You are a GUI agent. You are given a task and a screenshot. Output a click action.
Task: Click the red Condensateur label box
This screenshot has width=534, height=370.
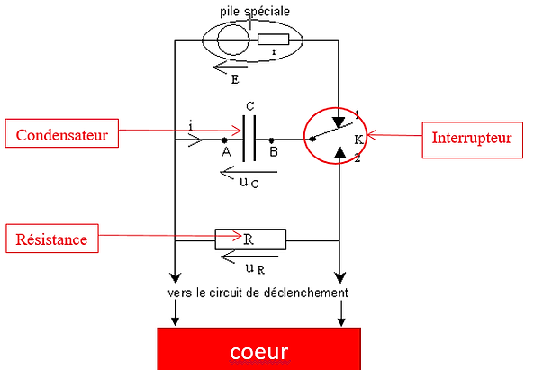[61, 133]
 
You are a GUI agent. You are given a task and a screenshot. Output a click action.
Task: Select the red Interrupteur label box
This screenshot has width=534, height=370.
[473, 140]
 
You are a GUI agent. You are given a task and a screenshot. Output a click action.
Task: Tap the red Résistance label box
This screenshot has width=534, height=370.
[52, 239]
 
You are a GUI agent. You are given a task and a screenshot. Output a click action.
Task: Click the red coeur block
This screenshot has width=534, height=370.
[258, 349]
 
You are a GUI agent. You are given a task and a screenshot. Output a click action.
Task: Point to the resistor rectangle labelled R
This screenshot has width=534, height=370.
[250, 239]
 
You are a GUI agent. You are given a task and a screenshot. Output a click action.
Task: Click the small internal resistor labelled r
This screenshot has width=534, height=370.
[273, 40]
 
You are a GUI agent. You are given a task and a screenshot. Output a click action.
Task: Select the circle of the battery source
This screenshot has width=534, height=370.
[233, 40]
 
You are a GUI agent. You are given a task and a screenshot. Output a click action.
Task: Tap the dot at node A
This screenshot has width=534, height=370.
[224, 140]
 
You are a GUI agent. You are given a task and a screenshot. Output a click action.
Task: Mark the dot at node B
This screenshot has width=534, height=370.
[271, 140]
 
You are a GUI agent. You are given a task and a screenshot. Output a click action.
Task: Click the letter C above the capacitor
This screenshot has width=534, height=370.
[250, 106]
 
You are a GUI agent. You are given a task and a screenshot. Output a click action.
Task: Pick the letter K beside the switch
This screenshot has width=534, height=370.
[358, 140]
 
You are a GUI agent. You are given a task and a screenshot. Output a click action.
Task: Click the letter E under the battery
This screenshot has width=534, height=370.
[235, 79]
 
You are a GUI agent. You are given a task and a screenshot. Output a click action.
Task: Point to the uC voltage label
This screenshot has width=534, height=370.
[249, 183]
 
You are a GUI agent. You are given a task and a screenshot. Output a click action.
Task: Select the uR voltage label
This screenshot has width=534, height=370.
[255, 269]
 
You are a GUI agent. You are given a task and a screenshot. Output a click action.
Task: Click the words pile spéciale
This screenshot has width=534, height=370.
[255, 12]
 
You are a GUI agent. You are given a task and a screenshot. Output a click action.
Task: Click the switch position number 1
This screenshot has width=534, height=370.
[358, 114]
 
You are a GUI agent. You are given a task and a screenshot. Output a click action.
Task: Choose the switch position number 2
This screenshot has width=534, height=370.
[358, 158]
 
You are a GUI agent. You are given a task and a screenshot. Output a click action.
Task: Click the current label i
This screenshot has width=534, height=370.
[191, 126]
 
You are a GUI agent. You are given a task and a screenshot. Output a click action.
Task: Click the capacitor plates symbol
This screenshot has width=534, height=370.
[249, 139]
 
